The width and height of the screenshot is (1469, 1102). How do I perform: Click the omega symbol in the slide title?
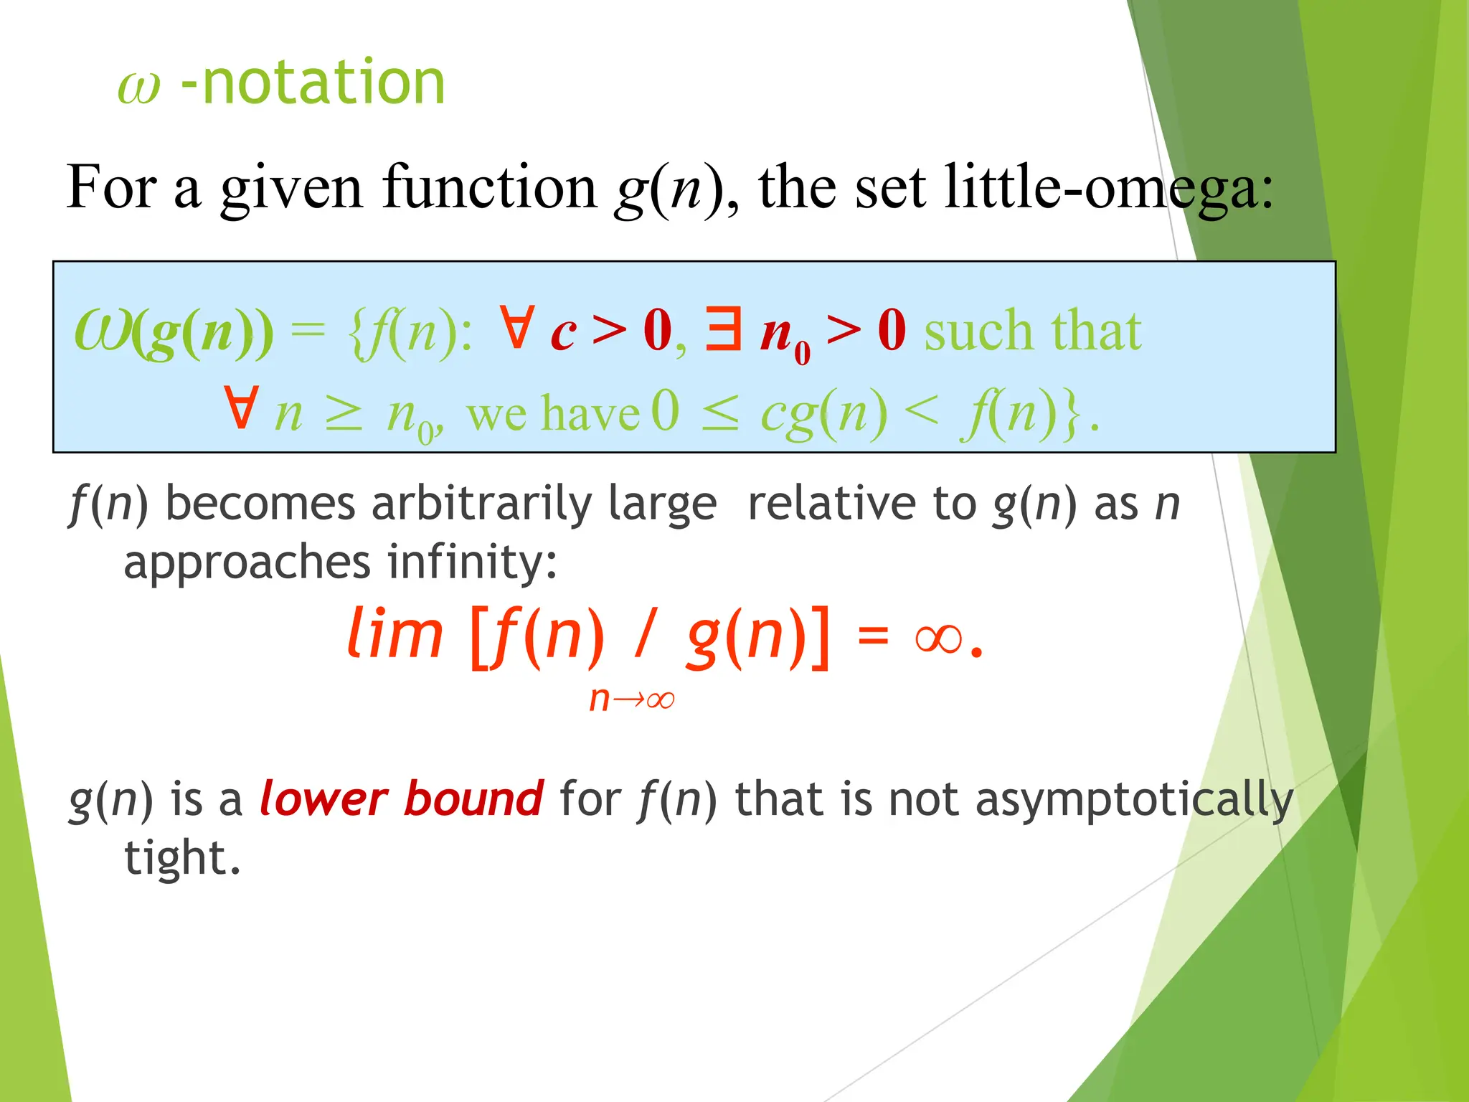tap(138, 89)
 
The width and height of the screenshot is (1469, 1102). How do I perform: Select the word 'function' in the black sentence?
tap(490, 188)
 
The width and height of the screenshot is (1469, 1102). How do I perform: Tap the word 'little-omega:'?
tap(1109, 188)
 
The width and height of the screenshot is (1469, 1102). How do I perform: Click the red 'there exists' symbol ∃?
tap(723, 329)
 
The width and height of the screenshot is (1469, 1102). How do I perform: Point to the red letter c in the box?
tap(563, 333)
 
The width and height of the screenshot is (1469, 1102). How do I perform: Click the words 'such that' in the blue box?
tap(1033, 331)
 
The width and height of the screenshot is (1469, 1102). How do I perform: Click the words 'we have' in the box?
tap(552, 415)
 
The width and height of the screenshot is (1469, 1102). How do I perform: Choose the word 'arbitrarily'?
tap(481, 504)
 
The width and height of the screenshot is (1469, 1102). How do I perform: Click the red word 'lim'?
tap(395, 634)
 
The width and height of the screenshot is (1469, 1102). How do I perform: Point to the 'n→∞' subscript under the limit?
tap(631, 699)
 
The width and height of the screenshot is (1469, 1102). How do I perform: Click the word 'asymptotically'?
tap(1134, 800)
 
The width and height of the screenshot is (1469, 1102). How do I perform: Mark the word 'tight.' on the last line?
tap(182, 858)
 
